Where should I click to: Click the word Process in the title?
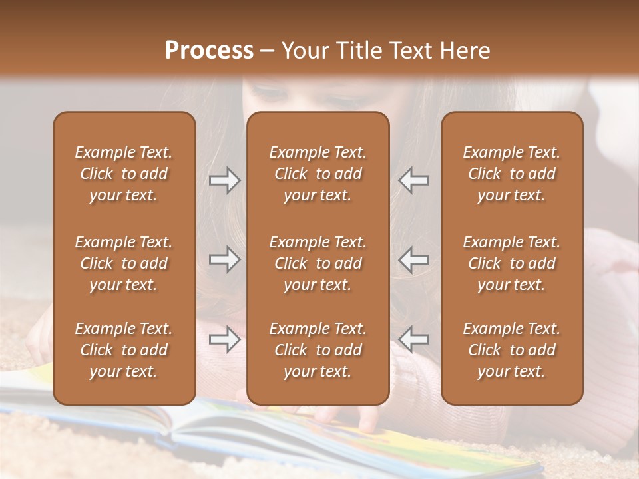click(209, 51)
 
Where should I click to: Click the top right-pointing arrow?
click(225, 180)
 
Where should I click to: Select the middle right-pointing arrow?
click(225, 259)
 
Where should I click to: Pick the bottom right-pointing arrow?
click(225, 339)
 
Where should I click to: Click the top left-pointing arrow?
click(413, 180)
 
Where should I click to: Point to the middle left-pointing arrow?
click(413, 259)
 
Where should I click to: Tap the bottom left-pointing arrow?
click(413, 339)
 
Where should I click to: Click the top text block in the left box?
click(124, 174)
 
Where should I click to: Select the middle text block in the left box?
click(124, 263)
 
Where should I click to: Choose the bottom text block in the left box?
click(124, 350)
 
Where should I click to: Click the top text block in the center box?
click(318, 174)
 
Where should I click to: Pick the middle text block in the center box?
click(318, 263)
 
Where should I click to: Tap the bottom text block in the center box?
click(318, 350)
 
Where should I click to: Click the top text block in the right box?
click(511, 174)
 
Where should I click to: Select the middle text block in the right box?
click(511, 263)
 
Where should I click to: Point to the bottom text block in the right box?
click(511, 350)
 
